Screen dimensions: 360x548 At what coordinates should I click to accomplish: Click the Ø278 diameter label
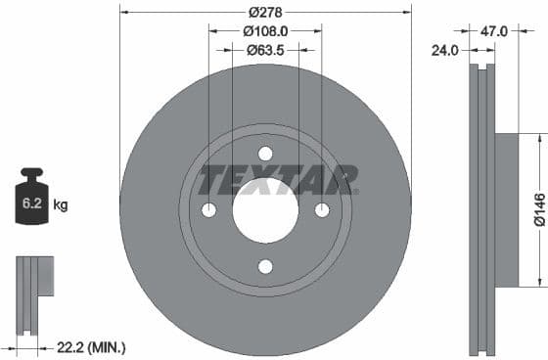pyautogui.click(x=264, y=12)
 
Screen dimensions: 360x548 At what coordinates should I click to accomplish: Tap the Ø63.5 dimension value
pyautogui.click(x=264, y=49)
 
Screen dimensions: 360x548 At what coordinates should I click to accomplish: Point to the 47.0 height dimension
pyautogui.click(x=494, y=30)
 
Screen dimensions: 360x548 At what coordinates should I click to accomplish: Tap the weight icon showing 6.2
pyautogui.click(x=30, y=202)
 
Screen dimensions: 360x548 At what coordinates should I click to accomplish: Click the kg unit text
pyautogui.click(x=61, y=205)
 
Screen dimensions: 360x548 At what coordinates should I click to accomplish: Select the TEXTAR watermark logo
pyautogui.click(x=278, y=180)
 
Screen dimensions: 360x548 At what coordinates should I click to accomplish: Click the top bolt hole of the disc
pyautogui.click(x=265, y=154)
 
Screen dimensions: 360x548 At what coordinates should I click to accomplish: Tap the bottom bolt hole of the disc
pyautogui.click(x=265, y=266)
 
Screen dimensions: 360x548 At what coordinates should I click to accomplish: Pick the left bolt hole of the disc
pyautogui.click(x=208, y=210)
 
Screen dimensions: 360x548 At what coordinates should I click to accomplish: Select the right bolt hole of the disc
pyautogui.click(x=322, y=210)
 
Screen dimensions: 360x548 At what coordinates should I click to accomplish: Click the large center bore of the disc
pyautogui.click(x=265, y=211)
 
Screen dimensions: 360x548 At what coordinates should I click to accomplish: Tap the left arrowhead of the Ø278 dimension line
pyautogui.click(x=122, y=12)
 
